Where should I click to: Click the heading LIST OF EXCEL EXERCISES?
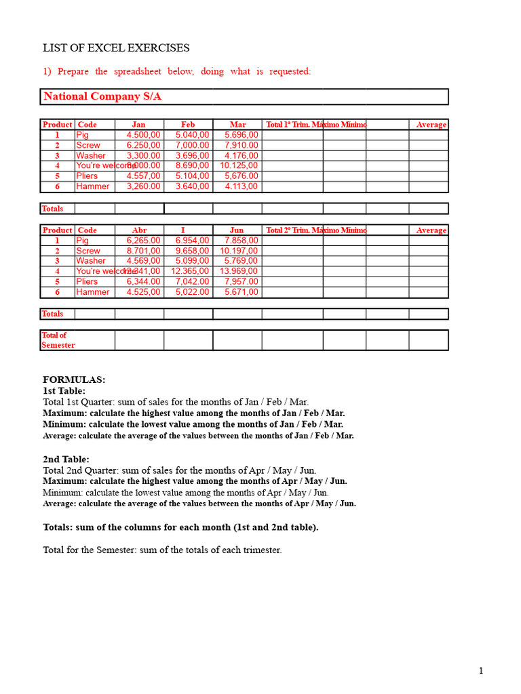(x=116, y=48)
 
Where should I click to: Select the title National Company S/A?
(x=102, y=96)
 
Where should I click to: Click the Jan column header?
(x=138, y=125)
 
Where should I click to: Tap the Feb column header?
(x=188, y=125)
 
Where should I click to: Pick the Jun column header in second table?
(x=237, y=230)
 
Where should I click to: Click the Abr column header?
(x=138, y=230)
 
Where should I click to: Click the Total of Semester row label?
(x=58, y=340)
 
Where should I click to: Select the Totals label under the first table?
(x=52, y=209)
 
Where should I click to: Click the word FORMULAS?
(x=74, y=380)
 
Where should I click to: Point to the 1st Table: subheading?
(x=64, y=391)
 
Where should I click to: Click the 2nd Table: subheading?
(x=66, y=460)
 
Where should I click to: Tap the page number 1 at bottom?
(x=481, y=671)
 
